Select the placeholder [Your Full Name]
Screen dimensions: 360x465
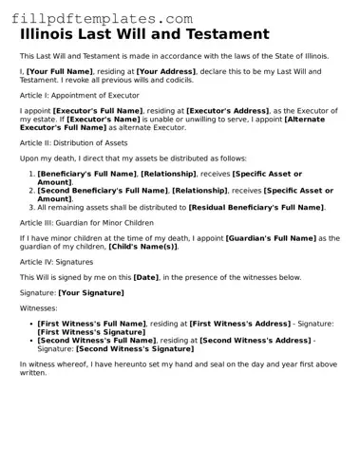[x=61, y=72]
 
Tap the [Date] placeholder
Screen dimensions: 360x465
[x=145, y=277]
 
